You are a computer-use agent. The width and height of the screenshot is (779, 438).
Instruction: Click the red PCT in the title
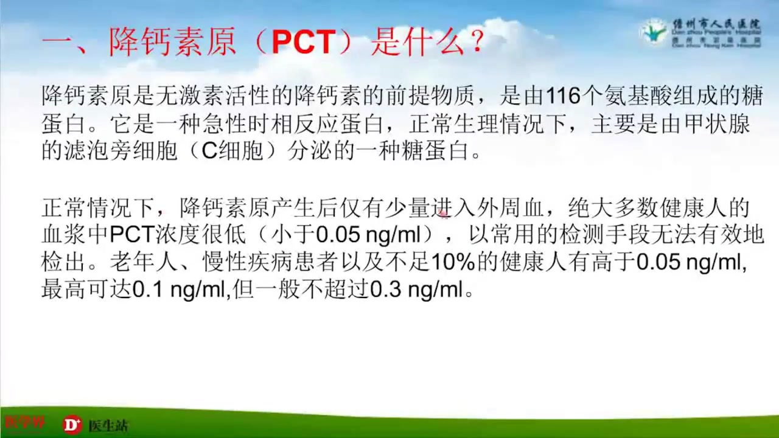point(303,43)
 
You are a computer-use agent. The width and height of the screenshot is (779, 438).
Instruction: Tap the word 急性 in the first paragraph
point(201,124)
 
